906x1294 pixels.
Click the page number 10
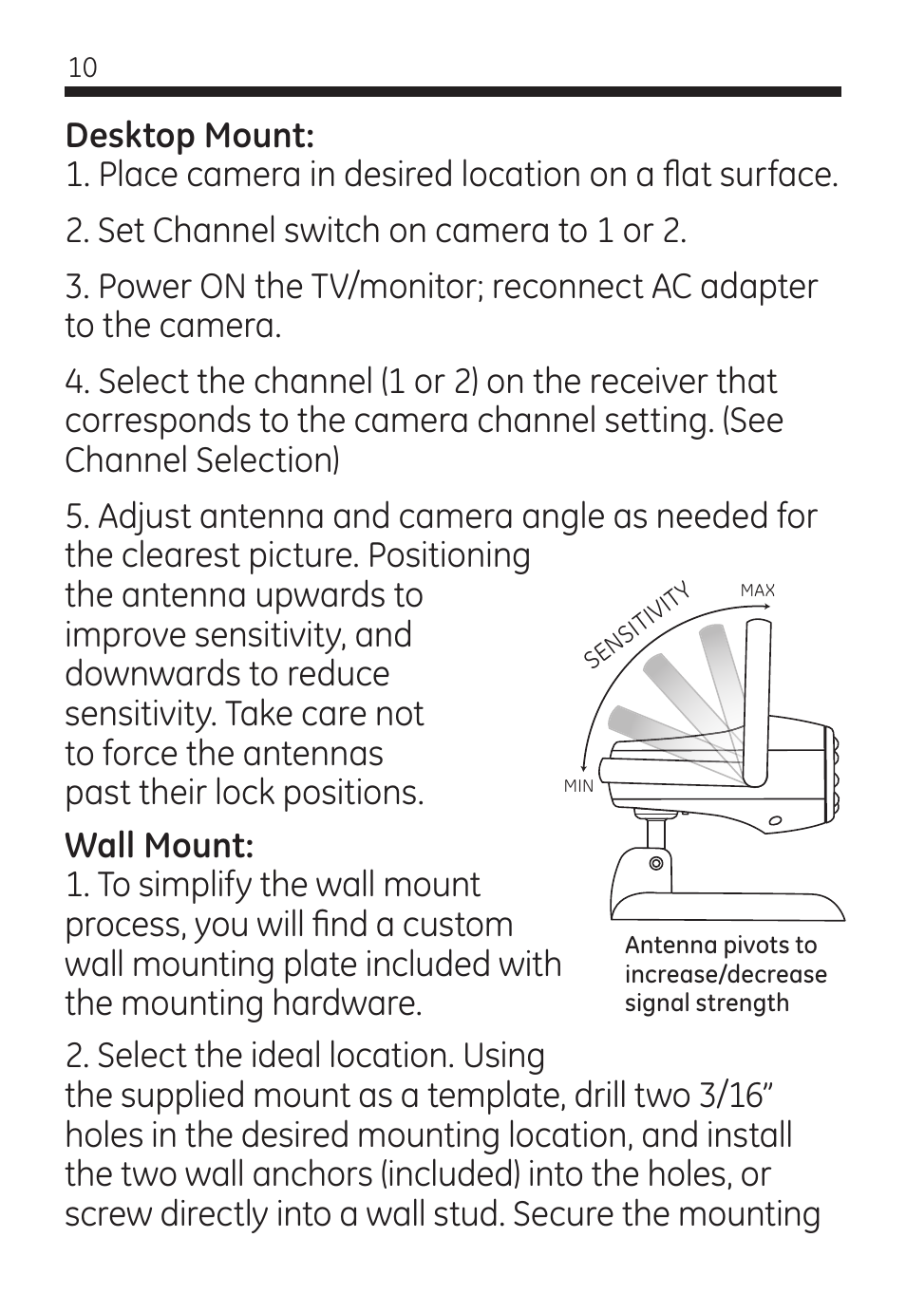(x=83, y=68)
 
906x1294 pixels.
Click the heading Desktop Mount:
(x=190, y=137)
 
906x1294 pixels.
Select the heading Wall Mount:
(x=160, y=846)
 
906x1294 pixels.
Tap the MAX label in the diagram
(x=758, y=591)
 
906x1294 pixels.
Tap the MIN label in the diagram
(x=578, y=786)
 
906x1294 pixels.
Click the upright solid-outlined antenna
(x=757, y=703)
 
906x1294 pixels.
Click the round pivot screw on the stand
(x=656, y=864)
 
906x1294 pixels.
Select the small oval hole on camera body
(x=775, y=820)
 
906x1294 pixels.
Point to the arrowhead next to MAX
(x=766, y=606)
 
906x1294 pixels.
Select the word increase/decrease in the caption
(x=726, y=975)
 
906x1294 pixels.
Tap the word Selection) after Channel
(x=268, y=460)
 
